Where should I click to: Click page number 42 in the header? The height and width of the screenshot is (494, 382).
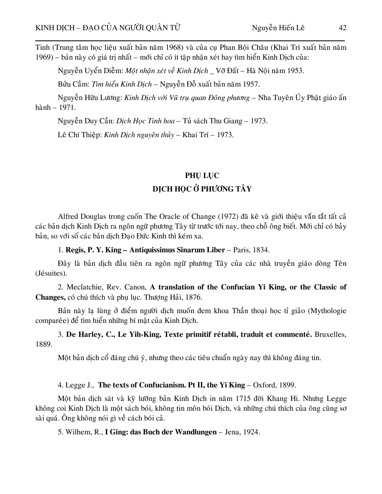tap(342, 28)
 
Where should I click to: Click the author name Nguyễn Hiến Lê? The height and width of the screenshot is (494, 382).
tap(278, 28)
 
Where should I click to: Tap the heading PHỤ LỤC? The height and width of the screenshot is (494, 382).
tap(202, 176)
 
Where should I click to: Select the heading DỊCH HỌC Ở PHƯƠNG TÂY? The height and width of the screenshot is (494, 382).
tap(202, 189)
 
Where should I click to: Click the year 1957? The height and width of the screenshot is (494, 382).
tap(251, 84)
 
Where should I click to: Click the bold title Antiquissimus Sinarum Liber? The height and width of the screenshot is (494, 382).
tap(177, 250)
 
